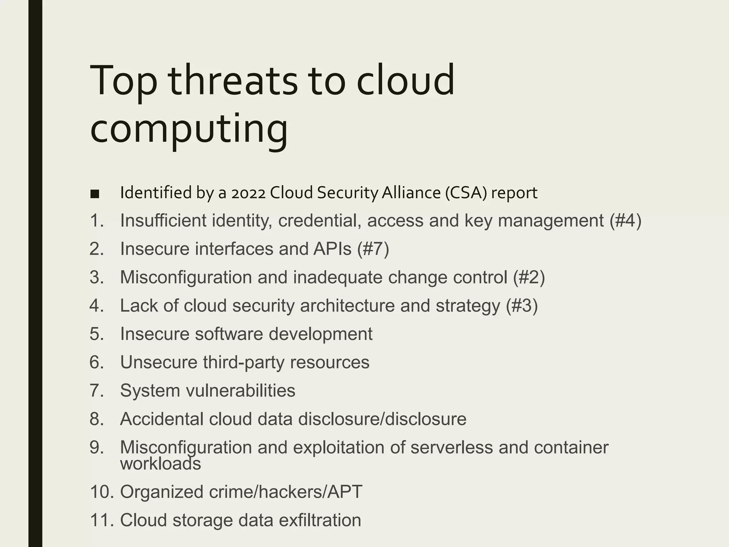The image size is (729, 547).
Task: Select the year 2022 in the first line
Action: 248,193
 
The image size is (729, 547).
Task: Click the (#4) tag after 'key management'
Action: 625,220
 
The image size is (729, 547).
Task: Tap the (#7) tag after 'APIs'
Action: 373,249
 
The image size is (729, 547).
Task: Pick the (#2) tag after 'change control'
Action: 529,277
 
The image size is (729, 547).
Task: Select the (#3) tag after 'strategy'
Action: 522,306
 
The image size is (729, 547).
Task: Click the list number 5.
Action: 96,334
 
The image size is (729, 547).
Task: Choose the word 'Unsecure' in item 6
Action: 158,362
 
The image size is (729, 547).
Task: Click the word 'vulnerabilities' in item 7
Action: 241,391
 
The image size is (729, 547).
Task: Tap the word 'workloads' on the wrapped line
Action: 161,464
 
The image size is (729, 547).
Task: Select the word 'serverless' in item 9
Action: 451,447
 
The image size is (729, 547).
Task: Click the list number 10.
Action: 101,492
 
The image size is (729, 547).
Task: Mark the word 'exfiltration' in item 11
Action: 320,520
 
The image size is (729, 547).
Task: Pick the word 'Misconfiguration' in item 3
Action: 186,277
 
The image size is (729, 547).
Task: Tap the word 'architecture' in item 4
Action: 347,306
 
